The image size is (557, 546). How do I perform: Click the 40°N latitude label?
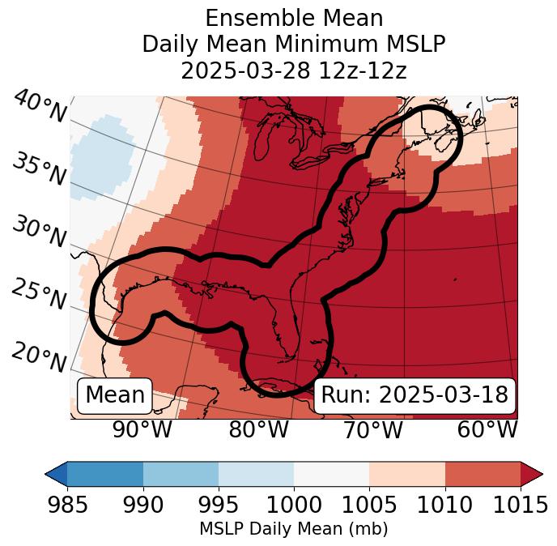(x=40, y=107)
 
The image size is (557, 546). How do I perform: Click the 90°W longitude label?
(x=142, y=429)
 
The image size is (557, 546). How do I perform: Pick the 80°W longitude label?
(x=258, y=429)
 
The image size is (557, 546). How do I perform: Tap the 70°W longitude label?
(x=372, y=429)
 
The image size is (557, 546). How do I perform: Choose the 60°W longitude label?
(x=487, y=429)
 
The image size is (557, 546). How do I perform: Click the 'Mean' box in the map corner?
(x=115, y=395)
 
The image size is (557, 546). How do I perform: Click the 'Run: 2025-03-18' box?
(x=415, y=395)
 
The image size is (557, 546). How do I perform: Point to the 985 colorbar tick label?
(x=67, y=505)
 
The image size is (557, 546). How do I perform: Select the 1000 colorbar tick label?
(x=294, y=505)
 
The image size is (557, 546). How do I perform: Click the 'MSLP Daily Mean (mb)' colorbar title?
(x=293, y=530)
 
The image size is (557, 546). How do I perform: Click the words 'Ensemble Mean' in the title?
(x=293, y=18)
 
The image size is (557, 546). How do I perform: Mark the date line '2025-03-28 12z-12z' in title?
(x=293, y=70)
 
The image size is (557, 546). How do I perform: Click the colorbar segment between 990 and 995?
(x=181, y=473)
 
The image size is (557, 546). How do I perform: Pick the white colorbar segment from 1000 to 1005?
(x=331, y=473)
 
